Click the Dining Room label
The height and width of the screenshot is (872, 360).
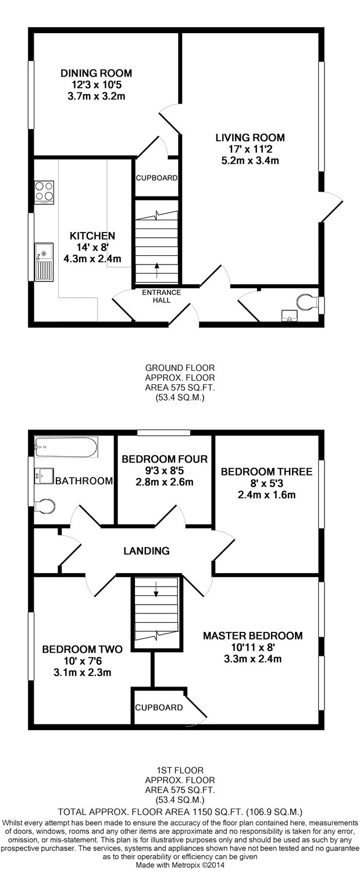[96, 73]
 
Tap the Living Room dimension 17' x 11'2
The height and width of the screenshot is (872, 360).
[250, 149]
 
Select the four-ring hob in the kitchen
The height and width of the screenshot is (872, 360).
[45, 192]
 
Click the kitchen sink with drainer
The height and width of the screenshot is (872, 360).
[44, 262]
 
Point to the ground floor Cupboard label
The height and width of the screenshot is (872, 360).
[156, 178]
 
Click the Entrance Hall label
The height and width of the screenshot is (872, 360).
[161, 296]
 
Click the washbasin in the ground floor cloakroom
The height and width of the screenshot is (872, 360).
[290, 316]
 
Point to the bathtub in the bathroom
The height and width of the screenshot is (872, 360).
[66, 447]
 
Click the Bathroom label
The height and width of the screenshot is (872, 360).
[84, 481]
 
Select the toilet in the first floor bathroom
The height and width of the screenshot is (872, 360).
[44, 506]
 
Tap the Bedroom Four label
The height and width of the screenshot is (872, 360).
[165, 459]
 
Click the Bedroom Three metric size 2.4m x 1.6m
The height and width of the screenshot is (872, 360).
[266, 495]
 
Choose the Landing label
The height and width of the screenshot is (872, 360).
[147, 551]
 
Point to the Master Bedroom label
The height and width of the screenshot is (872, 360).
[253, 636]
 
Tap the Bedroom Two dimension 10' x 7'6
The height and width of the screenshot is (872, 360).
[82, 660]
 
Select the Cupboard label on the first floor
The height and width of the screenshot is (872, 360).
[159, 707]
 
